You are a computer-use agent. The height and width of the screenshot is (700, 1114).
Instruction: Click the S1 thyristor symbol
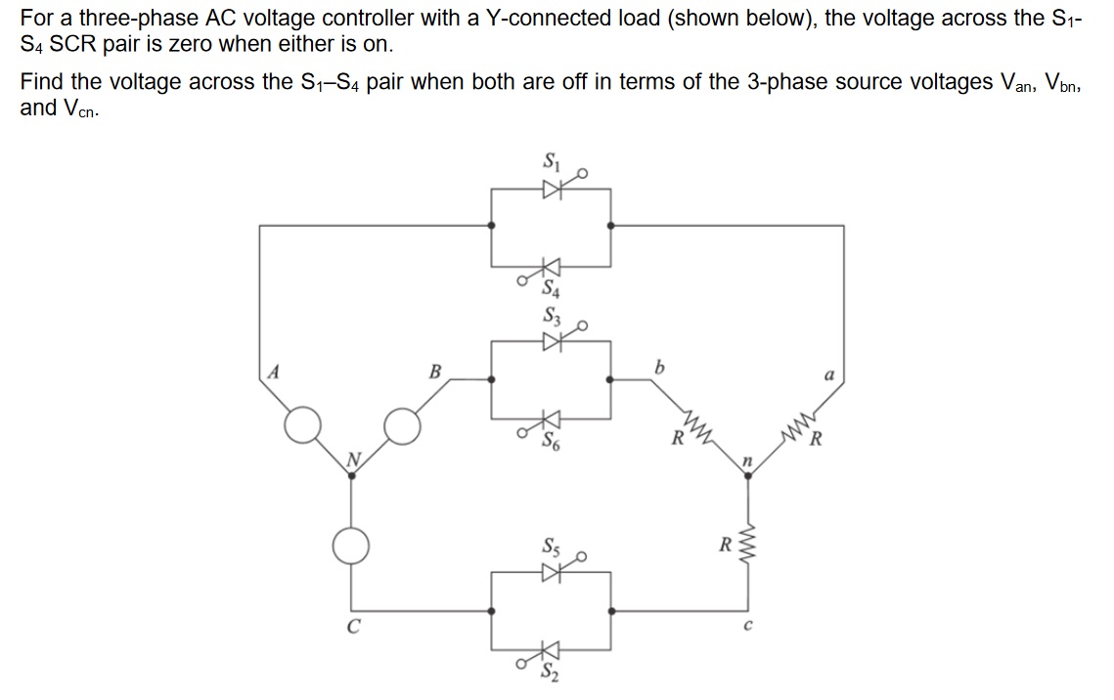point(552,190)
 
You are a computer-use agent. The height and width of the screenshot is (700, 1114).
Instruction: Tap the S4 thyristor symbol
point(552,266)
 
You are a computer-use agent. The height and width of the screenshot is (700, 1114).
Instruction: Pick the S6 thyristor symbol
point(552,418)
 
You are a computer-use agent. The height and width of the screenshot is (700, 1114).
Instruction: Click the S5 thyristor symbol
point(552,574)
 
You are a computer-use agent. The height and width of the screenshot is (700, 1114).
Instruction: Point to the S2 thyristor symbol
point(552,650)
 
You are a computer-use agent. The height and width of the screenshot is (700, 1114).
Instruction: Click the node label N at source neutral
point(357,459)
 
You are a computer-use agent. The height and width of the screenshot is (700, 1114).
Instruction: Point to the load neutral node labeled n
point(748,475)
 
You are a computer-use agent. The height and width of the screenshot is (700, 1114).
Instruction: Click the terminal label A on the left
point(275,372)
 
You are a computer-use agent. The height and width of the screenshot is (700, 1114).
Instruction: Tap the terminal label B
point(435,372)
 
